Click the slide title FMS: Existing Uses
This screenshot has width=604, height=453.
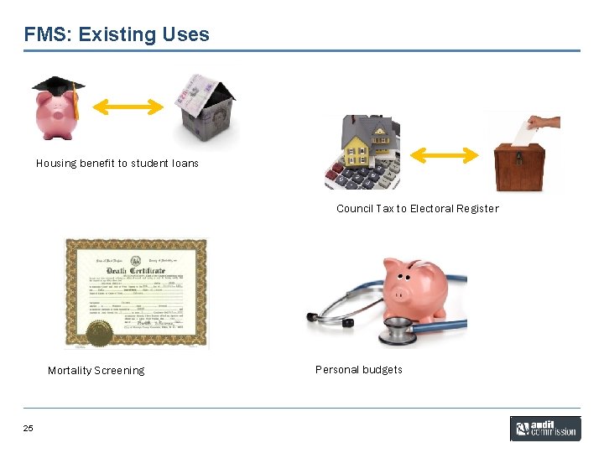(117, 34)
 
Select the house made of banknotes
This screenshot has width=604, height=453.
(205, 109)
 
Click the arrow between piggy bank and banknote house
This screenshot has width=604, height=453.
(128, 107)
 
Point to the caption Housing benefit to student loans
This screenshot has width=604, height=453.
(117, 164)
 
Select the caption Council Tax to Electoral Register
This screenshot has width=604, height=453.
(417, 209)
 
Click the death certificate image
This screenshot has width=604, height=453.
(136, 293)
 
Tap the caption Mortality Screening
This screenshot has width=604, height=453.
(96, 371)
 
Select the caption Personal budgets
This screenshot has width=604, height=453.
(358, 370)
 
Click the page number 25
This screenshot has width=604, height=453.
(29, 429)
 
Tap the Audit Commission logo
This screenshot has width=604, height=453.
(544, 429)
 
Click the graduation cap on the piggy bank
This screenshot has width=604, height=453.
(60, 87)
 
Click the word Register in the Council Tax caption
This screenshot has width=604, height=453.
(477, 209)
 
